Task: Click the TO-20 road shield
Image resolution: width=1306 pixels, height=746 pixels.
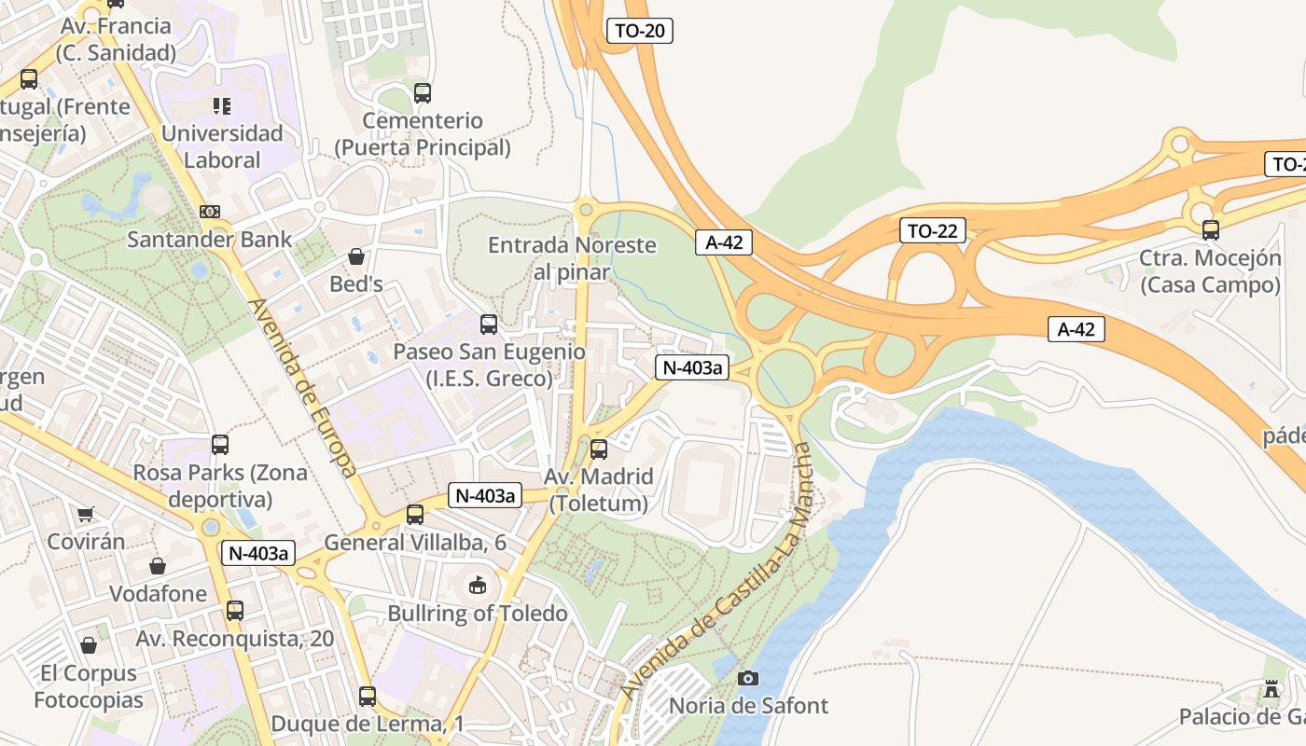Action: [x=640, y=31]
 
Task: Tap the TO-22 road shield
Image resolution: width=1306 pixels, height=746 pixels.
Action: [x=932, y=231]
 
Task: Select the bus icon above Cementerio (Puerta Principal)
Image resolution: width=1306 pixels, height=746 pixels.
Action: [x=423, y=93]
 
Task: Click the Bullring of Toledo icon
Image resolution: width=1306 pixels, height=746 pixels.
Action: [x=478, y=586]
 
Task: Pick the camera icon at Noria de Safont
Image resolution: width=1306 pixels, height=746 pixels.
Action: [x=748, y=678]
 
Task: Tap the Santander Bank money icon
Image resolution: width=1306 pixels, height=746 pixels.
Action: [x=210, y=212]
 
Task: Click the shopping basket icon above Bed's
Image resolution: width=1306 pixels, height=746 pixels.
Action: [x=355, y=256]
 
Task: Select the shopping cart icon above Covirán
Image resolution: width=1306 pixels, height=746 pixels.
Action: [x=86, y=514]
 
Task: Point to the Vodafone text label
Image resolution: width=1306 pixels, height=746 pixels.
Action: [x=159, y=594]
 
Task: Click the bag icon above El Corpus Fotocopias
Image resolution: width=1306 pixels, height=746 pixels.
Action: [x=89, y=645]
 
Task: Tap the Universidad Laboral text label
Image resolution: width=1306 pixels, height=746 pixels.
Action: [x=222, y=146]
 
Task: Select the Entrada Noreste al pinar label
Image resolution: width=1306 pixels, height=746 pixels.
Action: [x=572, y=258]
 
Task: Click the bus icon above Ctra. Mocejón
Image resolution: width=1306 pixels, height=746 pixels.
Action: [x=1210, y=229]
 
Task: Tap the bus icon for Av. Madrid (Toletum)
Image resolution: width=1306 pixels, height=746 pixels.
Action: [x=599, y=449]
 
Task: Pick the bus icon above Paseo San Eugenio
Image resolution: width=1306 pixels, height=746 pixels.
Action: [x=489, y=325]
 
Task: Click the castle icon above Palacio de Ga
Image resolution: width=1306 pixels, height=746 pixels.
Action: [x=1271, y=690]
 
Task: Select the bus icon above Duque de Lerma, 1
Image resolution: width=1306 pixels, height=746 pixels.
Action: [x=368, y=696]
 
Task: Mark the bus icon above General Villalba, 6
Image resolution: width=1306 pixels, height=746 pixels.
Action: [x=415, y=515]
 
